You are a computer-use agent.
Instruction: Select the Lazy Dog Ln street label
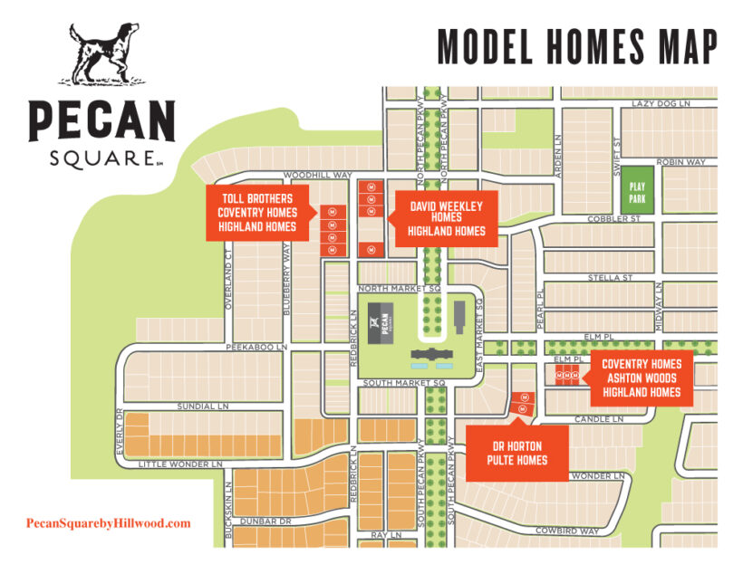661,104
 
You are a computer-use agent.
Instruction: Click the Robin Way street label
680,162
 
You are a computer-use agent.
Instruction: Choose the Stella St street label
609,277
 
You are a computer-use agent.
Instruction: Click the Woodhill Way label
317,175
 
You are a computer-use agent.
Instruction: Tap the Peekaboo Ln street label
256,347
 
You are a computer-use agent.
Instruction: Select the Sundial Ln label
202,407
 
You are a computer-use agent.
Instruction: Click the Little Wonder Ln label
179,464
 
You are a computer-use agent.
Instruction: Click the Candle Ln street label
600,420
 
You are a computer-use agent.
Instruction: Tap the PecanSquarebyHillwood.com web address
109,523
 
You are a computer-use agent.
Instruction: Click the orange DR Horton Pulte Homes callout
519,454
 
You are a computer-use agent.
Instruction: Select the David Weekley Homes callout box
447,218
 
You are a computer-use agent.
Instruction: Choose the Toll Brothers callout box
257,214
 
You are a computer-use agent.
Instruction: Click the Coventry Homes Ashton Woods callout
642,378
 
